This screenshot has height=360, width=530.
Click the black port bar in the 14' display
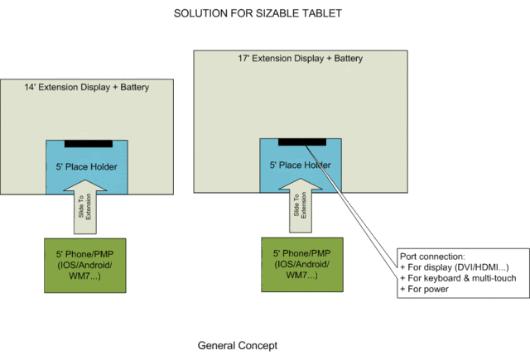pyautogui.click(x=88, y=144)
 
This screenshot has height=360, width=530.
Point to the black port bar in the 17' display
pyautogui.click(x=302, y=142)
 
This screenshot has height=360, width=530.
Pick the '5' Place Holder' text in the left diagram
pyautogui.click(x=88, y=166)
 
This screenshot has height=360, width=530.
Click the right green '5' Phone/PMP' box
pyautogui.click(x=301, y=264)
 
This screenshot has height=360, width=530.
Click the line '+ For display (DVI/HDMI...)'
pyautogui.click(x=454, y=266)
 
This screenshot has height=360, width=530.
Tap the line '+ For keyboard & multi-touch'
pyautogui.click(x=457, y=278)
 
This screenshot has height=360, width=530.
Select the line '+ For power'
pyautogui.click(x=424, y=290)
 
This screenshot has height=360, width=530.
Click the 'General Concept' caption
pyautogui.click(x=237, y=344)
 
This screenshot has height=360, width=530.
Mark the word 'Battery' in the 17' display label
pyautogui.click(x=346, y=59)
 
